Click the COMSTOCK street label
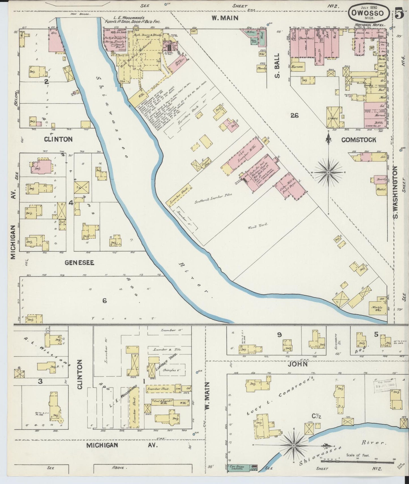tap(359, 140)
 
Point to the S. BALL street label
tap(277, 66)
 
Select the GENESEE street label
tap(80, 263)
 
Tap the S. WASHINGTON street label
tap(396, 193)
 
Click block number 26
tap(294, 115)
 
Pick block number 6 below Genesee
tap(104, 301)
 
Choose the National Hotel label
tap(370, 25)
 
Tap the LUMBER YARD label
tap(164, 364)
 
